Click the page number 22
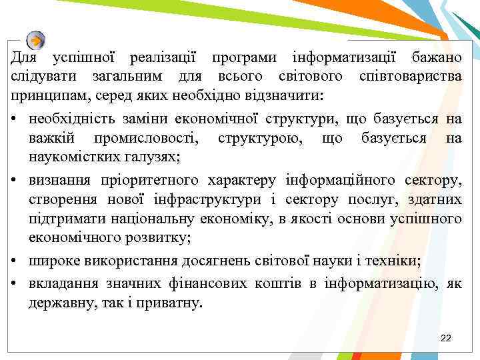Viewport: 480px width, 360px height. point(446,339)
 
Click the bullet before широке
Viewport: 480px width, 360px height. point(14,262)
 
